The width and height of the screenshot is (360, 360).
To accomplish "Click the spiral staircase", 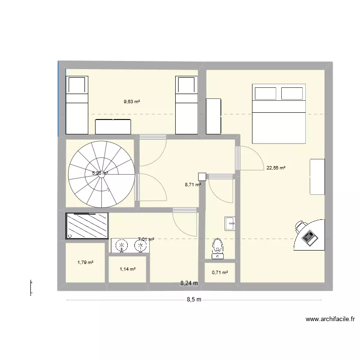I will point(101,174).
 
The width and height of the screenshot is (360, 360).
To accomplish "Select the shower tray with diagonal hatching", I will point(87,226).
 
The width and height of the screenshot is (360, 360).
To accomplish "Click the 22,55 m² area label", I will point(276,168).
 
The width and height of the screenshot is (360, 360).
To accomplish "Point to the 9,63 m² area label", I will point(132,102).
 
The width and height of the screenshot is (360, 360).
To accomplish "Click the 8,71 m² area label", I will point(192,184).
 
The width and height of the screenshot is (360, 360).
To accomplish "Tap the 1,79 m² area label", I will point(85,263).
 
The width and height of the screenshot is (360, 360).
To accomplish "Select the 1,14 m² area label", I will point(127,269).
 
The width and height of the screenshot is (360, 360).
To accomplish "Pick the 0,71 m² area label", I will point(220,273).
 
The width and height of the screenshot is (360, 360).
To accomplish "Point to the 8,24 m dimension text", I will point(189,284).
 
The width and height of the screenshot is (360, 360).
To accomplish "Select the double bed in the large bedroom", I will point(279,114).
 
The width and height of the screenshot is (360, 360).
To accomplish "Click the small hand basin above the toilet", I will point(230,224).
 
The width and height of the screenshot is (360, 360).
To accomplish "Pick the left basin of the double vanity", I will point(122,246).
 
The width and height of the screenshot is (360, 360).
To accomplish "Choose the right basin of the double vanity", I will point(140,246).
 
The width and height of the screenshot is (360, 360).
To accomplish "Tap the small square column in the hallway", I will point(202,177).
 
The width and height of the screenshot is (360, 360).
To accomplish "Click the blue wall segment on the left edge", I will point(59,98).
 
